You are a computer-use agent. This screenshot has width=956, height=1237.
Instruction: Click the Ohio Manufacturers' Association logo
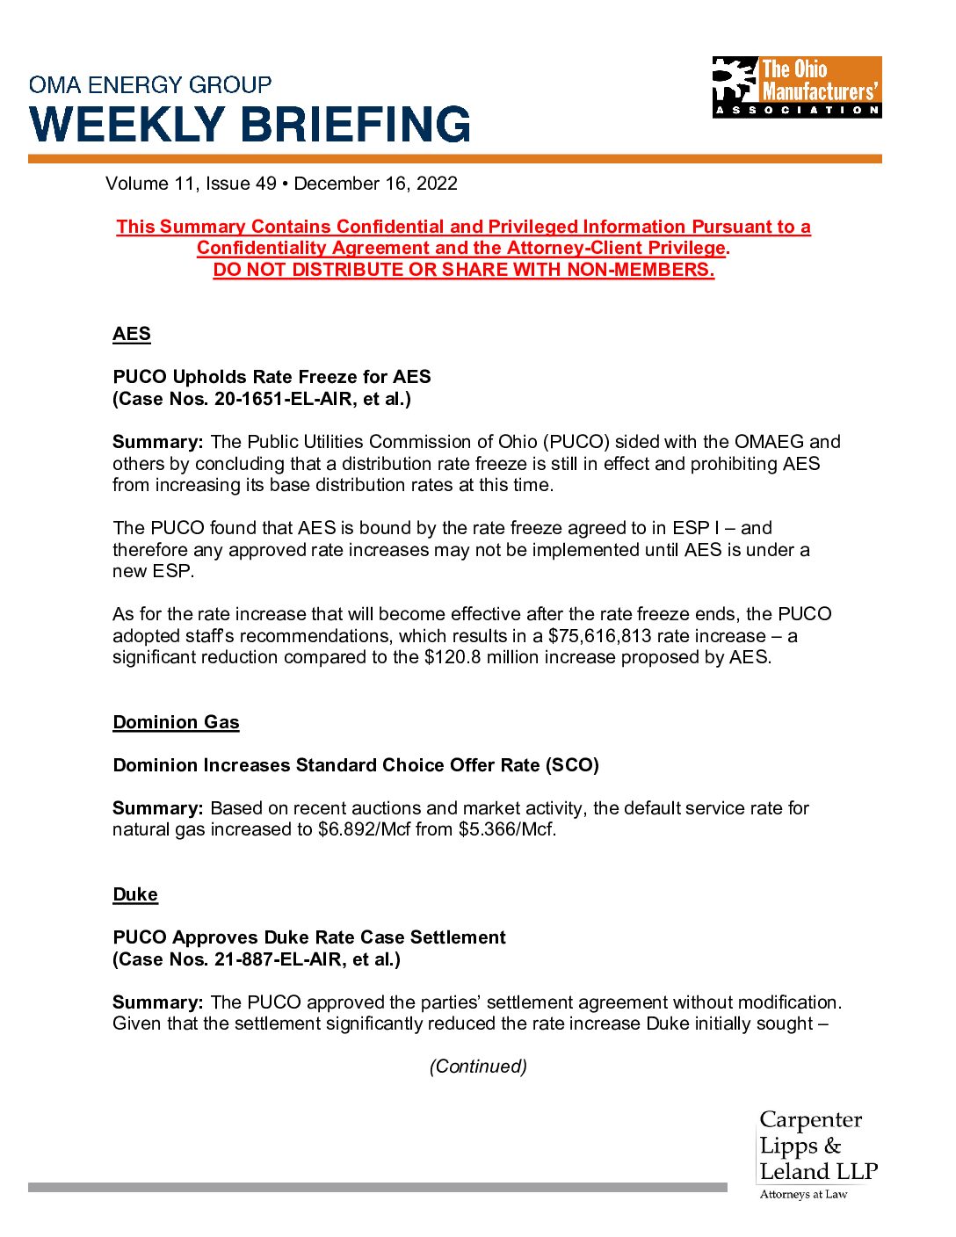pos(796,87)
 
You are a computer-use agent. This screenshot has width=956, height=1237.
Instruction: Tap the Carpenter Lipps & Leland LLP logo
pos(817,1153)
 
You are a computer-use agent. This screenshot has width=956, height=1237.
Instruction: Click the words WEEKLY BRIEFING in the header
pos(250,124)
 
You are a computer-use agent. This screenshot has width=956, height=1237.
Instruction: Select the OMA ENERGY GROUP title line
pos(150,85)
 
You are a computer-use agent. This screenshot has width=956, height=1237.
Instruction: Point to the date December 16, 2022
pos(375,184)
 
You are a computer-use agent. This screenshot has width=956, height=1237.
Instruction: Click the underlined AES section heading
pos(132,334)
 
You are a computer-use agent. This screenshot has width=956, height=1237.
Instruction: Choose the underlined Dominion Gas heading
pos(176,722)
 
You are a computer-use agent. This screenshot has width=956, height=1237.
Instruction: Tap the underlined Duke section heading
pos(135,894)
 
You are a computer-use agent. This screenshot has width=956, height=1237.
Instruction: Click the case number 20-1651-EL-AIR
pos(289,399)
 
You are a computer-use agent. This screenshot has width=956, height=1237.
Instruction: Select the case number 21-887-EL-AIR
pos(284,959)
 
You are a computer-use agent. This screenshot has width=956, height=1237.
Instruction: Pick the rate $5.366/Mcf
pos(506,829)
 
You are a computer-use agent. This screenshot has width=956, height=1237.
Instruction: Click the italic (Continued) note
pos(478,1067)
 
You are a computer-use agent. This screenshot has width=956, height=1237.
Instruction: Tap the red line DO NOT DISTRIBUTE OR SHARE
pos(463,270)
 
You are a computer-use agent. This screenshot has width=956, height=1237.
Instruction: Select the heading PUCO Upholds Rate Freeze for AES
pos(272,377)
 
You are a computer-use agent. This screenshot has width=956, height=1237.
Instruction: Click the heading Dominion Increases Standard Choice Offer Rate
pos(356,765)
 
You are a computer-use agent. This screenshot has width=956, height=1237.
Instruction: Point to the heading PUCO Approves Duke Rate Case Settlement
pos(309,937)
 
